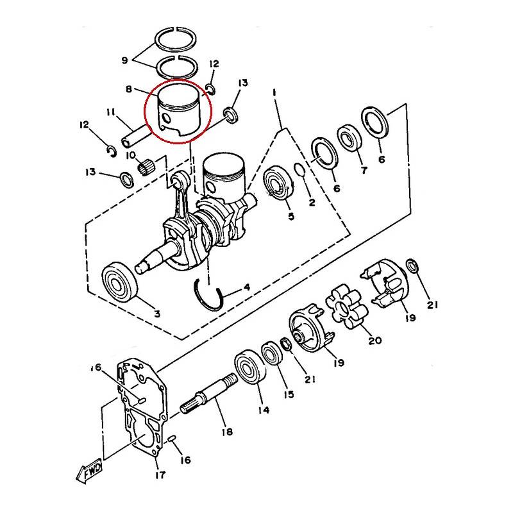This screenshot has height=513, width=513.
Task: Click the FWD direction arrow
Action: click(88, 471)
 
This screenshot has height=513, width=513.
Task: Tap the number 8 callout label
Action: click(129, 89)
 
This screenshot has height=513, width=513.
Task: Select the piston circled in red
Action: click(179, 110)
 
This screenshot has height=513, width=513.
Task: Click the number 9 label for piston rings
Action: click(124, 60)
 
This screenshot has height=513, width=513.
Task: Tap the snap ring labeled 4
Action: click(209, 296)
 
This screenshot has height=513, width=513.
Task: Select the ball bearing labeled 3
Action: click(119, 282)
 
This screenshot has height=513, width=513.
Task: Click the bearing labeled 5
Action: click(277, 183)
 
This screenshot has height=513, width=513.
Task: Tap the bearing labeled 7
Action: click(349, 138)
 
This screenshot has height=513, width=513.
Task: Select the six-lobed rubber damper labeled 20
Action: click(347, 307)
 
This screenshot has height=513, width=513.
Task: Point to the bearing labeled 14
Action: click(251, 366)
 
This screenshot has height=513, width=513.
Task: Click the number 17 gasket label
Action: click(160, 474)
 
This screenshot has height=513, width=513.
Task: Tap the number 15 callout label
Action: click(289, 394)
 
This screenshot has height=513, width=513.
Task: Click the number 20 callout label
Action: click(375, 341)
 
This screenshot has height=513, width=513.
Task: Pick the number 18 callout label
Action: click(227, 432)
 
